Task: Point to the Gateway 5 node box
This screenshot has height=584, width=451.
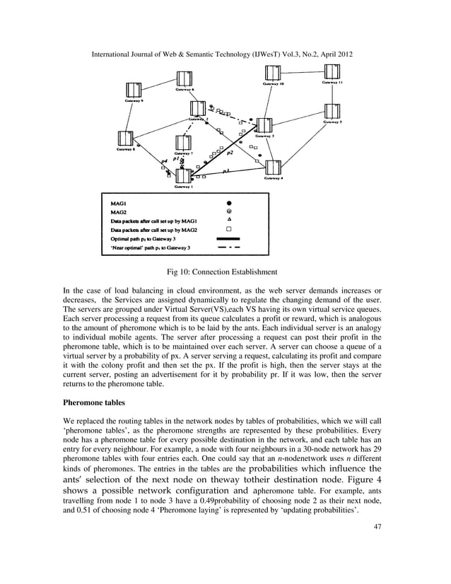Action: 333,111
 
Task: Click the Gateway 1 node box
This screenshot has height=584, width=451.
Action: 183,175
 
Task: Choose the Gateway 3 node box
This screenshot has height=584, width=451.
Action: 264,126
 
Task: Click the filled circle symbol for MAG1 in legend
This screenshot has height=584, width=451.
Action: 228,202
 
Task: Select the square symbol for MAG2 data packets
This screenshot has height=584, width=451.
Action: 228,229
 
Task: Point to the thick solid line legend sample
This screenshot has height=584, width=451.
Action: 228,239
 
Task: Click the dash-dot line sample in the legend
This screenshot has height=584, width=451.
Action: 228,248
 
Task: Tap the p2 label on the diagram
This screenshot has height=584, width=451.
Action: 230,153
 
